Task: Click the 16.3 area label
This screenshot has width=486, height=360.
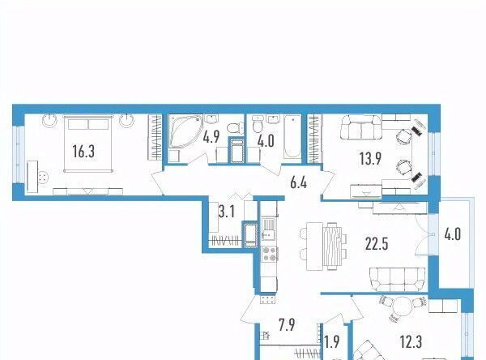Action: point(83,152)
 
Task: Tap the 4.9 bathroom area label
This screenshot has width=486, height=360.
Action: point(211,137)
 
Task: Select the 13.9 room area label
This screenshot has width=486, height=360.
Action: point(370,159)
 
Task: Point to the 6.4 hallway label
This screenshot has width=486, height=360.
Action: point(298,182)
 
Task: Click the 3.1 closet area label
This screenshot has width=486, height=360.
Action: point(227,212)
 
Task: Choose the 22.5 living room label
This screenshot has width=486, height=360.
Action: point(377,244)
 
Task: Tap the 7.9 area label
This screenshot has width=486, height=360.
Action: point(287,325)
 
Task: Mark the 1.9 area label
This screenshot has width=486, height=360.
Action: point(332,341)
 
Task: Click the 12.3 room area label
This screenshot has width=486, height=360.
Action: point(411,342)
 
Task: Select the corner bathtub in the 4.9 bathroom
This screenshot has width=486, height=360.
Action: point(185,131)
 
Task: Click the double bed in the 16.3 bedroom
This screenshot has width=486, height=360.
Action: point(88,144)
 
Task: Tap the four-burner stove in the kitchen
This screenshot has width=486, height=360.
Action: point(269,254)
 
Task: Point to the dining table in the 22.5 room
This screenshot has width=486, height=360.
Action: point(324,246)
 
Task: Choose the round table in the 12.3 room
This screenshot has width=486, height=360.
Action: point(402,305)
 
